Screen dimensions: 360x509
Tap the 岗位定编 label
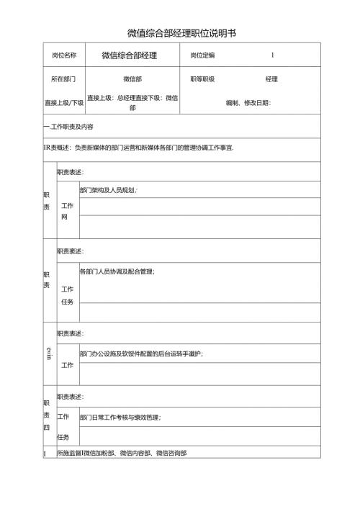[202, 55]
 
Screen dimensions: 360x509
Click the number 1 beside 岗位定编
[273, 55]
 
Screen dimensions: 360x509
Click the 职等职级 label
[202, 79]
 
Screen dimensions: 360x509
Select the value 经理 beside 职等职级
[271, 79]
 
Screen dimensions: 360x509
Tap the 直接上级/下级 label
[64, 103]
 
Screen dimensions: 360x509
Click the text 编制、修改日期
[248, 103]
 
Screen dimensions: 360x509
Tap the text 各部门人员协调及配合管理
[117, 271]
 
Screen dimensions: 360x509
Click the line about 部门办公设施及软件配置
[141, 353]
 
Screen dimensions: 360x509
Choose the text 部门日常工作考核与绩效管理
[120, 417]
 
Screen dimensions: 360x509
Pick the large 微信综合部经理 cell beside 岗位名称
[130, 55]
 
